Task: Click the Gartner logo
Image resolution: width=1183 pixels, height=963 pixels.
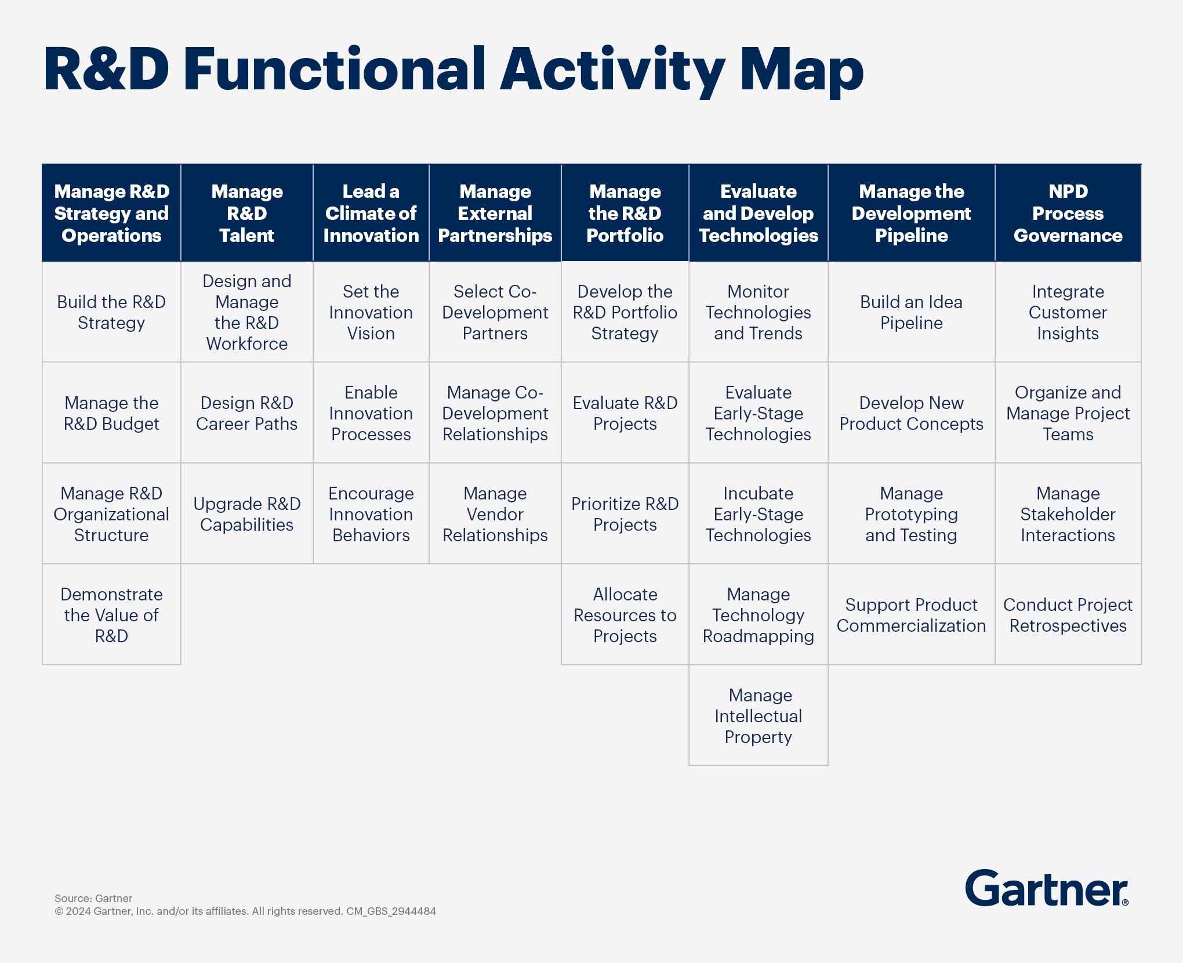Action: (x=1047, y=888)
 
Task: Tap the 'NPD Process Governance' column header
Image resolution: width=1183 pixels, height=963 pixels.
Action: (x=1068, y=213)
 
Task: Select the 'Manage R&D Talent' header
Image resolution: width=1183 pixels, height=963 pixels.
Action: (x=247, y=213)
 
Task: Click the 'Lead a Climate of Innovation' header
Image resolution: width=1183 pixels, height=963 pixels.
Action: (x=371, y=213)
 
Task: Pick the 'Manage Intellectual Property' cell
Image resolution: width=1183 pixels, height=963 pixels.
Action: (x=759, y=715)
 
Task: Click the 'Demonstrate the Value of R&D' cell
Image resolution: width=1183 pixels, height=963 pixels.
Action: (x=111, y=615)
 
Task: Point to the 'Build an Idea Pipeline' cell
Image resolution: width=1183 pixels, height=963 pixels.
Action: (x=912, y=312)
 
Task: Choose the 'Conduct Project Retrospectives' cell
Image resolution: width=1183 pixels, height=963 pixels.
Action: (x=1068, y=615)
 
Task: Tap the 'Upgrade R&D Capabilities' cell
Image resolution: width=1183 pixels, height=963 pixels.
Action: (x=247, y=514)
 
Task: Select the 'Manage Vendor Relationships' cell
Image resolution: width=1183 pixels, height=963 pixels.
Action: (x=495, y=514)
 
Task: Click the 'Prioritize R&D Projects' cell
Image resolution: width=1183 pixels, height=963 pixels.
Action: (x=625, y=514)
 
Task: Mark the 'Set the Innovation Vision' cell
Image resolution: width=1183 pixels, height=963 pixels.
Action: (x=371, y=312)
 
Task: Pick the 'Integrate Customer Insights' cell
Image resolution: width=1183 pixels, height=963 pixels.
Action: (x=1068, y=312)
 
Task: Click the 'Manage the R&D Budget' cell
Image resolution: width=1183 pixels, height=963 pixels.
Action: (x=111, y=413)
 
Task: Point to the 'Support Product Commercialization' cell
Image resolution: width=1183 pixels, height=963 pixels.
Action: (x=912, y=615)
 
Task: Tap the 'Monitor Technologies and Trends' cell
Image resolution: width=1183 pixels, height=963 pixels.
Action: (x=759, y=312)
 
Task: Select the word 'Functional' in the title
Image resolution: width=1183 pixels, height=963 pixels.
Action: (x=335, y=70)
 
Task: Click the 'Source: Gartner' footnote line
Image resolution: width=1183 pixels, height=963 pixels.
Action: (x=93, y=899)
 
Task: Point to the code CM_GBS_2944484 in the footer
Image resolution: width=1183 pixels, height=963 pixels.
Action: (x=391, y=911)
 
